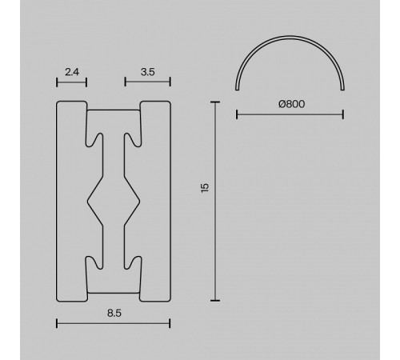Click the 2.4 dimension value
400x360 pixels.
coord(71,72)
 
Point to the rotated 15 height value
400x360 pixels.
coord(206,190)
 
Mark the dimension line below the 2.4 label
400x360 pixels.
coord(71,82)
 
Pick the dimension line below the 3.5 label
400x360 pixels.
coord(146,82)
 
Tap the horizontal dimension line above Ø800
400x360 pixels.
coord(290,114)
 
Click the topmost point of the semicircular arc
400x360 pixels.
coord(290,38)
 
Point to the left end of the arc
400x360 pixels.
coord(238,90)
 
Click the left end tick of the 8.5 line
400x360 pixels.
coord(56,323)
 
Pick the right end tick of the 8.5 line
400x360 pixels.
coord(169,323)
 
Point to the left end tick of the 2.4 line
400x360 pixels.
coord(56,82)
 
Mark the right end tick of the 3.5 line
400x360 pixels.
coord(169,82)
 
